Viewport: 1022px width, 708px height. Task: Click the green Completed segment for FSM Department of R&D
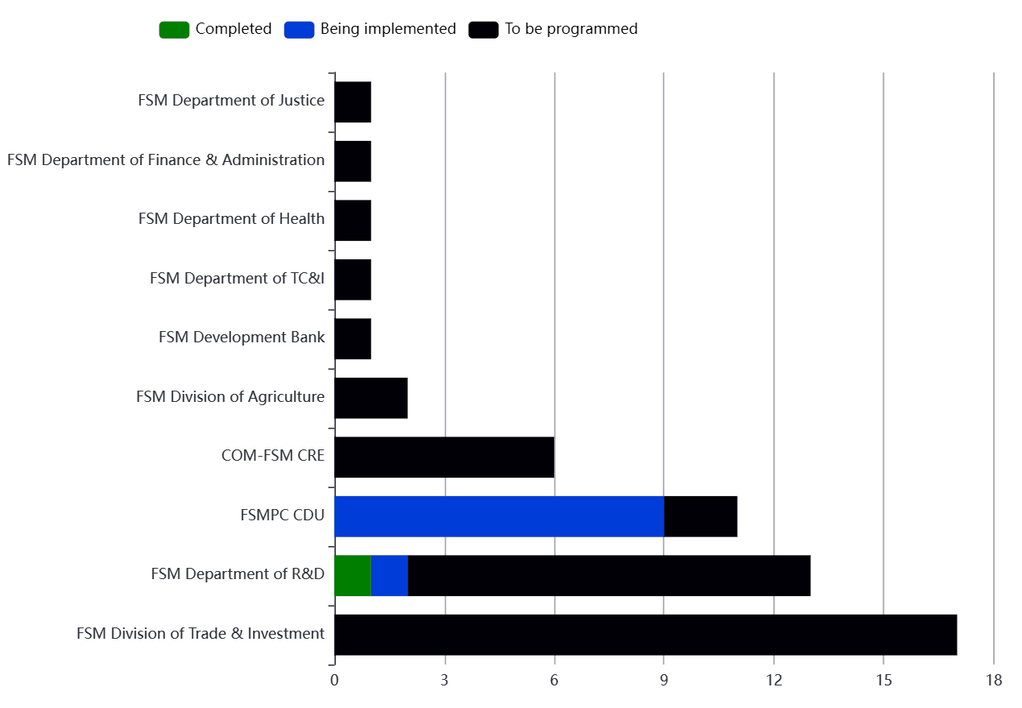[x=353, y=575]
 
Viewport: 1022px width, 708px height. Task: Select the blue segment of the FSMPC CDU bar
[x=499, y=516]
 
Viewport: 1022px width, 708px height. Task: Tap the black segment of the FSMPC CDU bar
[x=701, y=516]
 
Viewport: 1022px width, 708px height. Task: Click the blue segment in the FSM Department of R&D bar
[x=390, y=575]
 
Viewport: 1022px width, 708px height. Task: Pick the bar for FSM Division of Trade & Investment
[x=645, y=635]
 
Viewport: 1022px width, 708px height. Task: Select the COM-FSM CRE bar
[x=444, y=457]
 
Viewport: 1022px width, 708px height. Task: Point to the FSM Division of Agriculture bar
[x=370, y=398]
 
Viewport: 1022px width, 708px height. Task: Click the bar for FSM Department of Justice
[x=353, y=101]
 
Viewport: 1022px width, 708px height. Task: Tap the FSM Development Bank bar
[x=353, y=338]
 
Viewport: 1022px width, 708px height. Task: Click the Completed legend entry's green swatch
[x=174, y=30]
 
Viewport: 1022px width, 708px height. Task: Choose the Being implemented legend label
[x=388, y=29]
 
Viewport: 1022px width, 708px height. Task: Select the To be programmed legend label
[x=571, y=29]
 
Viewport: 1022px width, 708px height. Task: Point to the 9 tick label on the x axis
[x=664, y=681]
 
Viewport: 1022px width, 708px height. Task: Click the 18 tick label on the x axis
[x=993, y=681]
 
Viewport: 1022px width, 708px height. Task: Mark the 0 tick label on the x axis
[x=334, y=681]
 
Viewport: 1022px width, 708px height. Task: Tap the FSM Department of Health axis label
[x=231, y=219]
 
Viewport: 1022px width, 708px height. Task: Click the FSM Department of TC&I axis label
[x=237, y=279]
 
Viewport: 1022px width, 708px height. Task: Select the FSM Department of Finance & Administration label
[x=166, y=160]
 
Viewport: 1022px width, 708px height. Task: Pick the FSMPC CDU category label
[x=282, y=515]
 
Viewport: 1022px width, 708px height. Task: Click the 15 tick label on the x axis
[x=883, y=681]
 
